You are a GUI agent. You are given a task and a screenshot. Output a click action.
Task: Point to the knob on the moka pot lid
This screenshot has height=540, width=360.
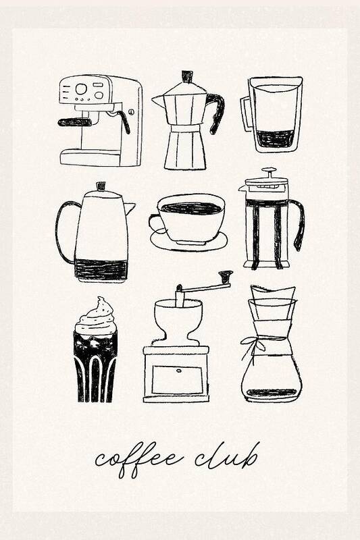(187, 76)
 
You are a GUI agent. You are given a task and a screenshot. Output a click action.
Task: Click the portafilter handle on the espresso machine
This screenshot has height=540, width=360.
(74, 122)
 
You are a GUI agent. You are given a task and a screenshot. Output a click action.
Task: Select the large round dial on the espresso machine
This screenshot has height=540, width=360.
(81, 89)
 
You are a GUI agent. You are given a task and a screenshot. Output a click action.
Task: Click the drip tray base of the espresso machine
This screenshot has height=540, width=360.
(91, 157)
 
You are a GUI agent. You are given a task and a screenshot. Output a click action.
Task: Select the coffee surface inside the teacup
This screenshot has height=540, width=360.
(191, 208)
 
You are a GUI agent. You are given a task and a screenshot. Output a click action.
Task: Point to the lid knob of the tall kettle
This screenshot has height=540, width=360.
(101, 186)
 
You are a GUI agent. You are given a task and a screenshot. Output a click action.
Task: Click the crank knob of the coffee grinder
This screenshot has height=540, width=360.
(226, 276)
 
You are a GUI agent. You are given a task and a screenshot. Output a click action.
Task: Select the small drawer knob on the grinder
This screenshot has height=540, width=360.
(179, 371)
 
